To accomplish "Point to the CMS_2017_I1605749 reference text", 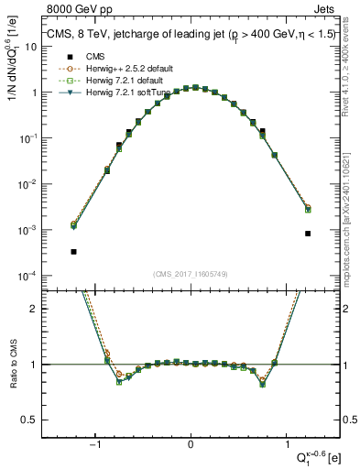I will tap(190, 275).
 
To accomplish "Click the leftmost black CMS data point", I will tap(73, 251).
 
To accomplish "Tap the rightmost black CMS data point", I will tap(308, 234).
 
